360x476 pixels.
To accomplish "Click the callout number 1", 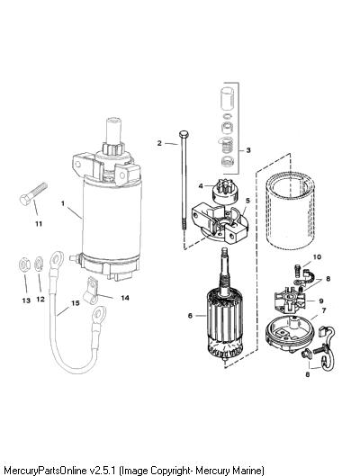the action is coord(63,203).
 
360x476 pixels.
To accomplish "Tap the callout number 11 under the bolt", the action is coord(38,224).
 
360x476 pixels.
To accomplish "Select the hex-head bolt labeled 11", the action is coord(32,194).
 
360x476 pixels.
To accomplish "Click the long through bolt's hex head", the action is coord(184,133).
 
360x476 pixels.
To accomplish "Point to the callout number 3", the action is coord(248,150).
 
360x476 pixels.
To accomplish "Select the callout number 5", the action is coord(248,201).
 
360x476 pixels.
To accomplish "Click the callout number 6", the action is coord(190,316).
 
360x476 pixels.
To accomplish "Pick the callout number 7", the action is coord(324,310).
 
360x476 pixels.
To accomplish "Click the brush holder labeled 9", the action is coord(289,301).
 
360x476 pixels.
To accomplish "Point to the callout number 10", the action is coord(317,256).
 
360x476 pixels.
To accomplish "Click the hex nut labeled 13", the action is coord(24,265).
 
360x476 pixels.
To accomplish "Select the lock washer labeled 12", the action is coord(39,265).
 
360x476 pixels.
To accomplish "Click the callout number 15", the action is coord(76,303).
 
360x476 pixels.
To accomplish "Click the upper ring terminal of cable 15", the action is coord(57,259).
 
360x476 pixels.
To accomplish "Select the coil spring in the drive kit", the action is coord(227,146).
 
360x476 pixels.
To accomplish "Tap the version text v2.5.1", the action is coord(102,471).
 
